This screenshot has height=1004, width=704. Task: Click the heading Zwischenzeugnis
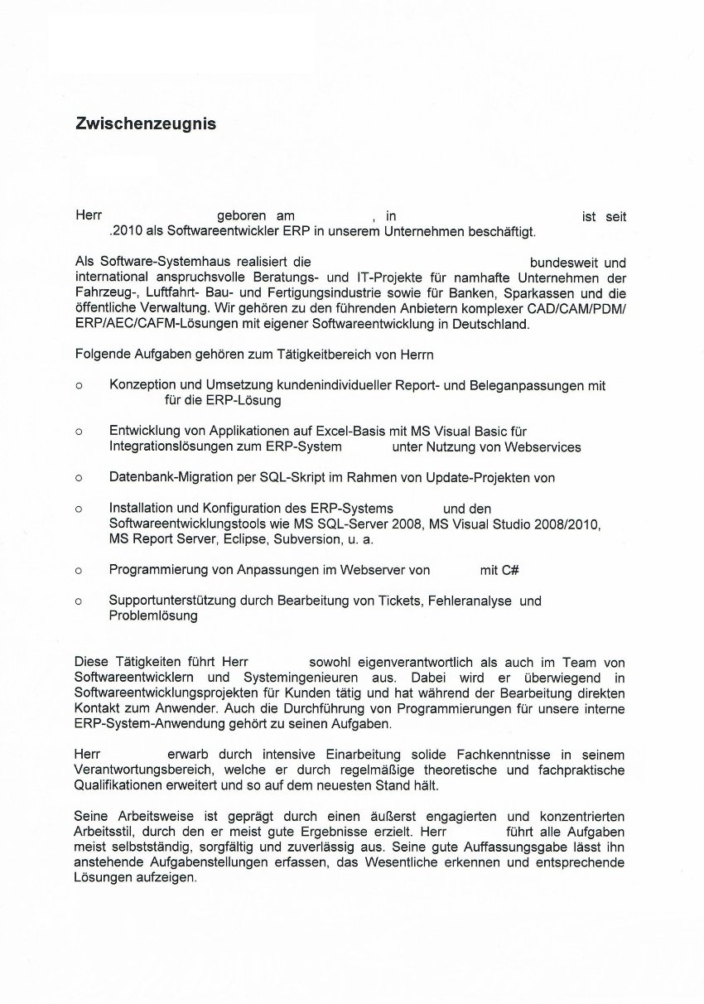(146, 123)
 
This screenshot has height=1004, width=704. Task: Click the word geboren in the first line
(241, 216)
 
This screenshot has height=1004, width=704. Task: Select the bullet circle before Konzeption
(79, 386)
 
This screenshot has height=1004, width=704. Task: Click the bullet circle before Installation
(79, 509)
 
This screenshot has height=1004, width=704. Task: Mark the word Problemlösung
(153, 616)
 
